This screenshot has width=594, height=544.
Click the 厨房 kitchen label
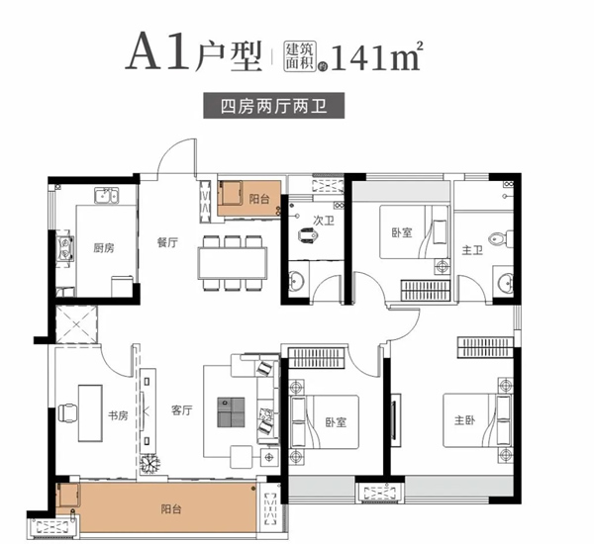point(103,248)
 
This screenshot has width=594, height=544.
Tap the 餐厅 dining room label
point(167,242)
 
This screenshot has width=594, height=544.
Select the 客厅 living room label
point(182,410)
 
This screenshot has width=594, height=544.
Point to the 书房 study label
point(118,416)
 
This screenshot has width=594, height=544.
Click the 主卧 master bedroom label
point(465,420)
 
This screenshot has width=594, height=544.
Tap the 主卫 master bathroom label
point(472,250)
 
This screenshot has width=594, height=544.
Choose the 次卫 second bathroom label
point(324,221)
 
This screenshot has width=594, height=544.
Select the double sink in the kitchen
point(107,196)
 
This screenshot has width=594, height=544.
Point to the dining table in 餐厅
point(233,263)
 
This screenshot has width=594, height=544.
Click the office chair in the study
point(68,413)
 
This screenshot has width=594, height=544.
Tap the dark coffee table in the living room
point(231,412)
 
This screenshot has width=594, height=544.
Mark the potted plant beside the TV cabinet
point(149,463)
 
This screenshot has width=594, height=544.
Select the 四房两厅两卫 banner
point(273,106)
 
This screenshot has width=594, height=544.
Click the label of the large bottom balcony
point(171,509)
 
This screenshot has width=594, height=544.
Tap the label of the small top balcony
point(259,199)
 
